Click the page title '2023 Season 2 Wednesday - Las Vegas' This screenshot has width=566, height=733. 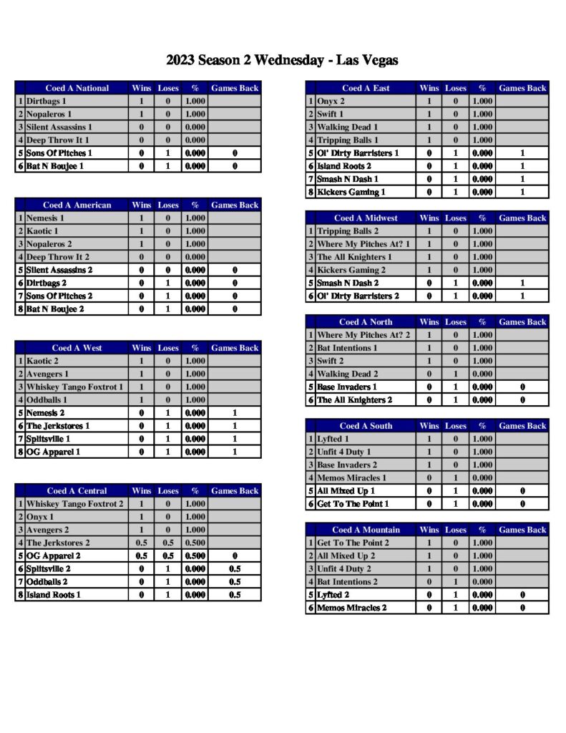point(282,60)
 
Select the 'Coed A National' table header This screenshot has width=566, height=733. point(77,88)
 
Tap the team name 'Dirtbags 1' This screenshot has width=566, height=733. point(47,101)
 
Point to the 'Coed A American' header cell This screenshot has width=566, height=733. point(77,205)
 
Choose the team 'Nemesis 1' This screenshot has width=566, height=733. point(45,218)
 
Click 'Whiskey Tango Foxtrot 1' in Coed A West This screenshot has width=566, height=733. point(74,387)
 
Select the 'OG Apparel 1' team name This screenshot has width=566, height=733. point(53,452)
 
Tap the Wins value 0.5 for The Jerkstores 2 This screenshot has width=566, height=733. point(142,543)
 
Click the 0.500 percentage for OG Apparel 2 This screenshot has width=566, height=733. point(195,555)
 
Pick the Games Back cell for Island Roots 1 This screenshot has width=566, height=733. point(235,594)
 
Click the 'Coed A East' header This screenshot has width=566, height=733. point(366,88)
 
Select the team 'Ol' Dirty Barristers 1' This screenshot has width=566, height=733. point(358,153)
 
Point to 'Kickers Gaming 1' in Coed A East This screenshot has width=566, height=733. point(351,192)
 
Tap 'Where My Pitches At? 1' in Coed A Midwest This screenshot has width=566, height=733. point(363,244)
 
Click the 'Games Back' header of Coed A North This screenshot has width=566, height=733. point(522,321)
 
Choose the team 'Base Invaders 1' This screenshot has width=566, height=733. point(347,387)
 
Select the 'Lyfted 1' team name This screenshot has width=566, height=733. point(333,439)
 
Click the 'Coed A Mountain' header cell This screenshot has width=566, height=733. point(366,530)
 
